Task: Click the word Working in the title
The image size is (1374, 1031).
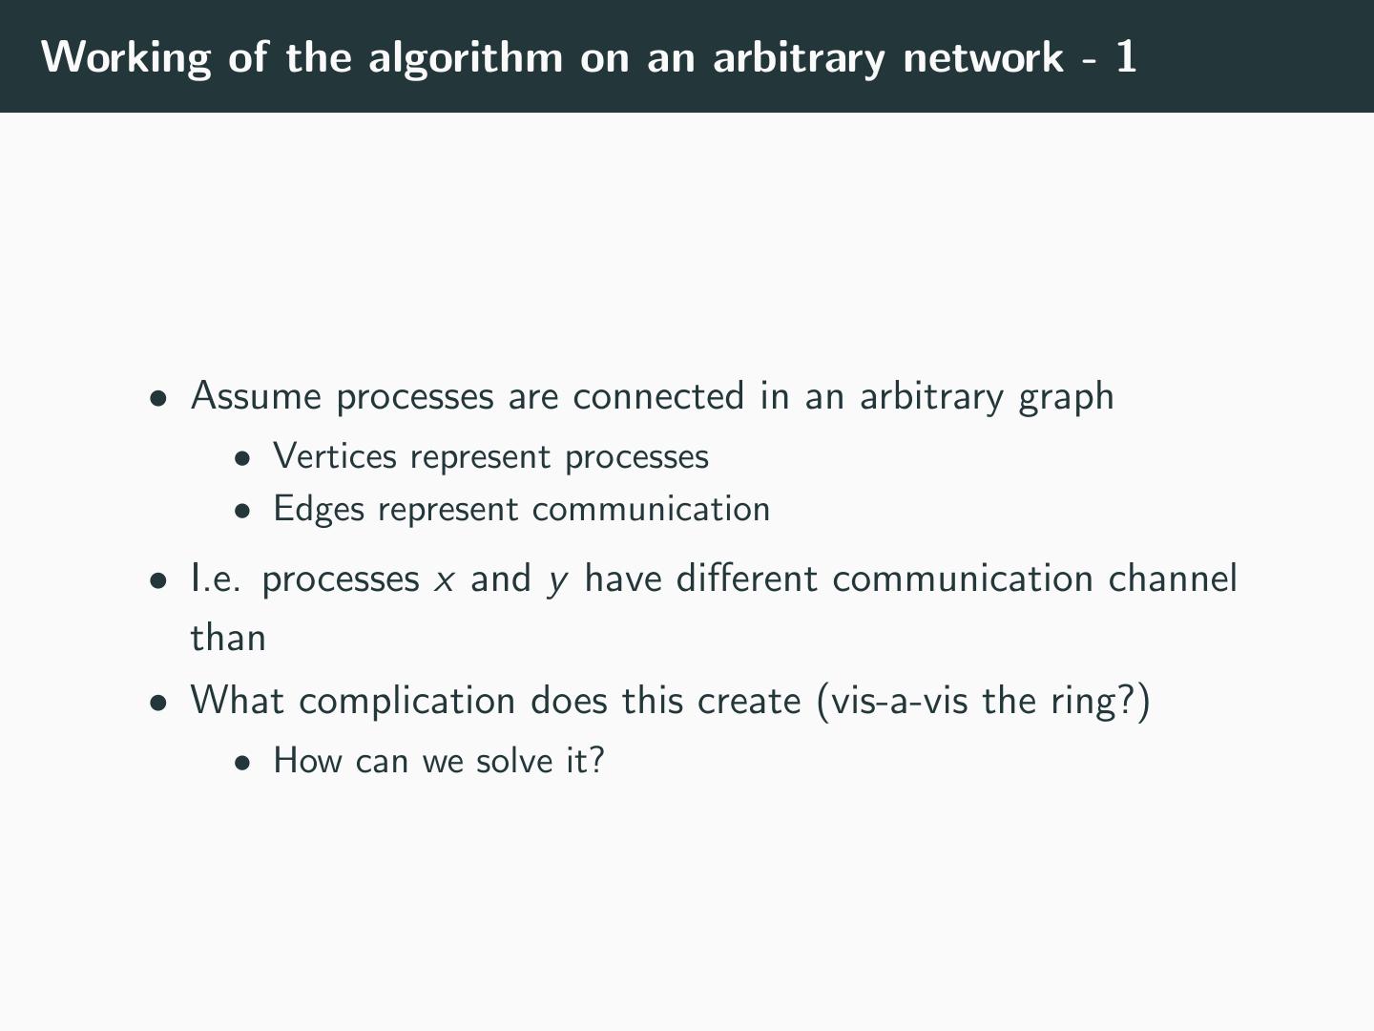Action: pyautogui.click(x=126, y=57)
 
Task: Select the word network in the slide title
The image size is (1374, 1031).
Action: pyautogui.click(x=983, y=57)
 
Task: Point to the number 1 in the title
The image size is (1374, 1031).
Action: pyautogui.click(x=1126, y=57)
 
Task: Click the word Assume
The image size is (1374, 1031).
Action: pyautogui.click(x=257, y=396)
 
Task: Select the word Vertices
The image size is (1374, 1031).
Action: pyautogui.click(x=335, y=456)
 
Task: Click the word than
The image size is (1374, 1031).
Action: pyautogui.click(x=228, y=638)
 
